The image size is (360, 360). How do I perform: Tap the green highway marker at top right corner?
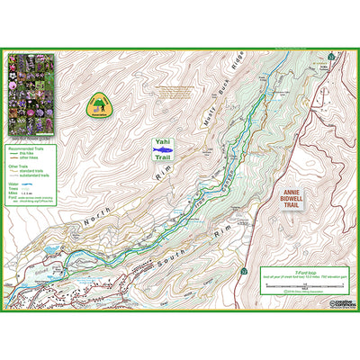[x=333, y=56]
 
